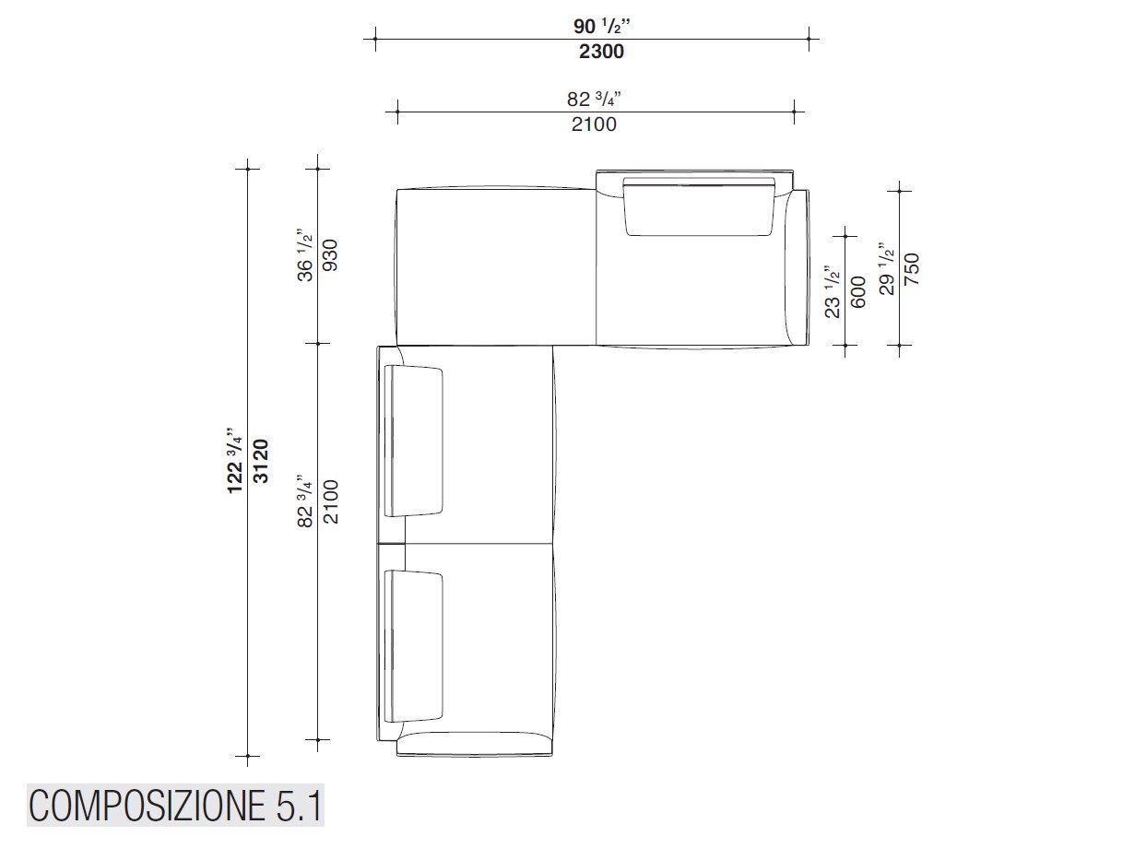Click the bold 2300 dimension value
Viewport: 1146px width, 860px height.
601,52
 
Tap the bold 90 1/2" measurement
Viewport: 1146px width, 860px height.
601,26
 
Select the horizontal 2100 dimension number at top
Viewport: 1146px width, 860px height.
594,124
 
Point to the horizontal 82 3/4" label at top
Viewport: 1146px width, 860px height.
594,98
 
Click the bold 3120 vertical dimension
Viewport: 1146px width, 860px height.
261,461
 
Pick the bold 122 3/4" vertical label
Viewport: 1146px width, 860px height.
234,461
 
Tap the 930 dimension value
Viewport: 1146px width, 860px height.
331,255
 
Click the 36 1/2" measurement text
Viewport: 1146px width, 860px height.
305,255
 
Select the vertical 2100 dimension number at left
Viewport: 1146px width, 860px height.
331,502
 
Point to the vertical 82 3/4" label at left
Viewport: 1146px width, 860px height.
305,501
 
